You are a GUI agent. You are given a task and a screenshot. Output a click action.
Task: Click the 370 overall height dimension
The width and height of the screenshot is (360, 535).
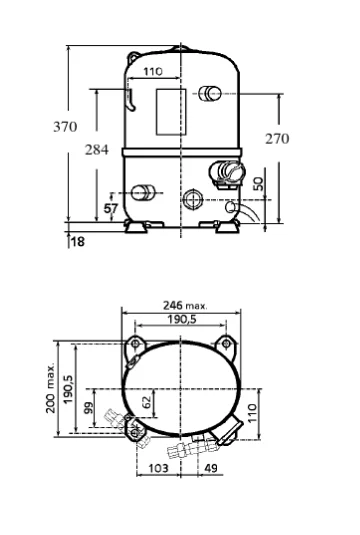65,127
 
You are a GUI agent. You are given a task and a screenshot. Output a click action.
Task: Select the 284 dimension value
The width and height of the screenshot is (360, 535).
97,149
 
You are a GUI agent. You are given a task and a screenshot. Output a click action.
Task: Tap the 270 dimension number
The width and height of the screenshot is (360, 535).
277,139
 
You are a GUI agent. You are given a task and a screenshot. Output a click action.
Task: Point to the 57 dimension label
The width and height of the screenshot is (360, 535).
111,208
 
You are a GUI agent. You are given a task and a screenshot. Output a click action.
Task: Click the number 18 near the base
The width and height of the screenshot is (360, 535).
77,242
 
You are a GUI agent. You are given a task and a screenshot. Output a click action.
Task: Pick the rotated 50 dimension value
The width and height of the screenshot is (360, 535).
259,184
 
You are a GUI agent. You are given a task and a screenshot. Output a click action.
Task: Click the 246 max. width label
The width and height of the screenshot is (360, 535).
185,305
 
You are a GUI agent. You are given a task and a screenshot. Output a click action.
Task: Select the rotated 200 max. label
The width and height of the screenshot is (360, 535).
51,388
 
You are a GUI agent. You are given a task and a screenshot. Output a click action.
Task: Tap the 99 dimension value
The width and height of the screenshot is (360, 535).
88,408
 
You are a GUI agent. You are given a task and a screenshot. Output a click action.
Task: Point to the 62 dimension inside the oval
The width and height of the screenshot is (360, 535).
146,403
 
